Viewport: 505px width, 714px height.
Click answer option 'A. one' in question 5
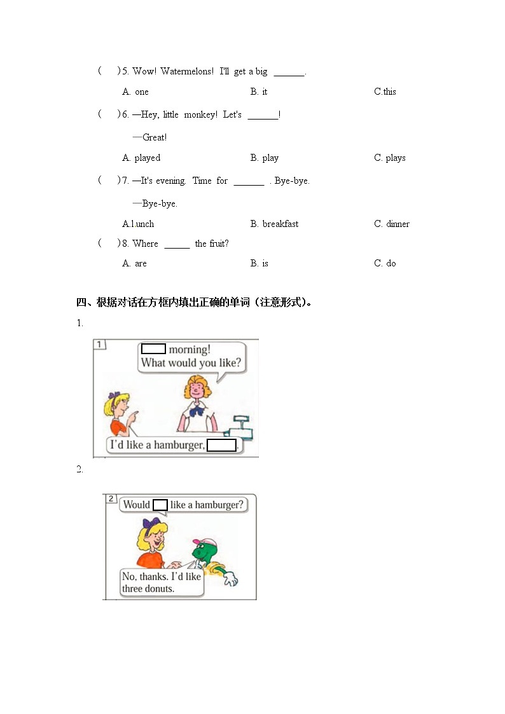135,92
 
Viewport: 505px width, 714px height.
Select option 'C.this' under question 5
385,92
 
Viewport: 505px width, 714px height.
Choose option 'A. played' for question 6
141,158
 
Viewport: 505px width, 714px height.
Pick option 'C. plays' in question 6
389,158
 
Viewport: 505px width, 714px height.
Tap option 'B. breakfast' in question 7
274,224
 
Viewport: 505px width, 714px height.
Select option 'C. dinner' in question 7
392,224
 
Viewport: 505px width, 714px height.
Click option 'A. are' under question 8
135,263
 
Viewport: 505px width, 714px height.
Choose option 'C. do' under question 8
385,263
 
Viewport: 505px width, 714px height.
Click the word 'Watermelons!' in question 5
187,71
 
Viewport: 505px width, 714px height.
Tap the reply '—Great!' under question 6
150,137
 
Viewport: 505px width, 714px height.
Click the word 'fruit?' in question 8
219,244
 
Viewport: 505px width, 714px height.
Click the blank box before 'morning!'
153,349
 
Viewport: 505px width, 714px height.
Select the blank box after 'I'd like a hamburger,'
222,445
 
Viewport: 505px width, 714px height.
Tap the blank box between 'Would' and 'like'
160,505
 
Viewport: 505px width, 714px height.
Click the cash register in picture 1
242,427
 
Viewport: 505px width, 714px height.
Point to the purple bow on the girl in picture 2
151,525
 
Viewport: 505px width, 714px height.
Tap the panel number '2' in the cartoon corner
111,498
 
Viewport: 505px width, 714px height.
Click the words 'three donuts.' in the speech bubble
148,589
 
